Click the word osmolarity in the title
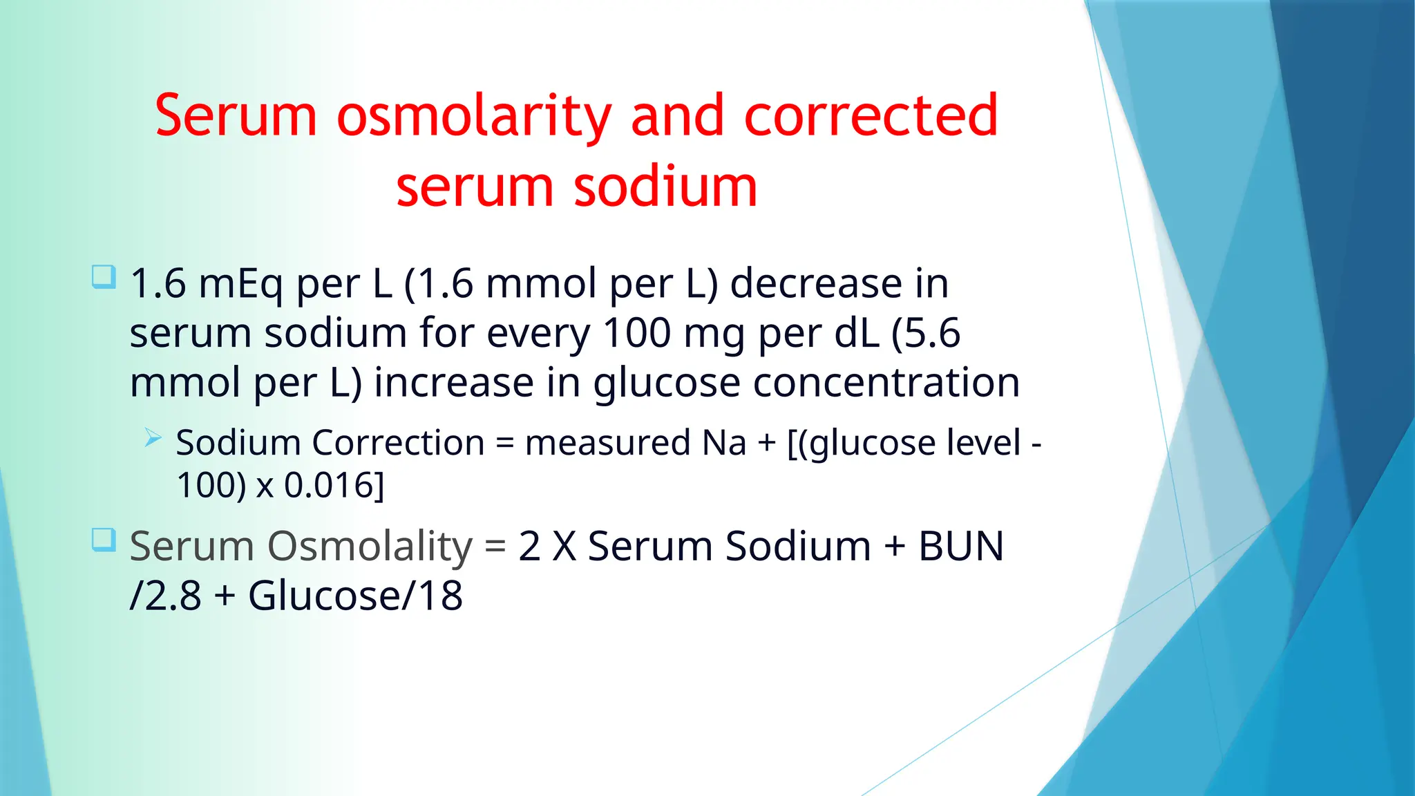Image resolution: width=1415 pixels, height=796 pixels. tap(474, 116)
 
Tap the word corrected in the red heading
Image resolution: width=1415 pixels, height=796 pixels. tap(871, 116)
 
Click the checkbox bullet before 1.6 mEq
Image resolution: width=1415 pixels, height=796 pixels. tap(104, 277)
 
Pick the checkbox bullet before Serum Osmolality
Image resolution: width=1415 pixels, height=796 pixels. tap(104, 540)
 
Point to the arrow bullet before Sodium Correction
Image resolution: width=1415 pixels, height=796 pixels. tap(153, 437)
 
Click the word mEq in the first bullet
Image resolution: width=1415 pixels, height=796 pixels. tap(240, 284)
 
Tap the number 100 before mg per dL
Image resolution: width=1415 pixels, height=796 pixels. tap(636, 334)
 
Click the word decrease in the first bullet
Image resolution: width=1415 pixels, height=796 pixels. tap(815, 284)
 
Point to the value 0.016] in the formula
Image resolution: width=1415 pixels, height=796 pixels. tap(334, 485)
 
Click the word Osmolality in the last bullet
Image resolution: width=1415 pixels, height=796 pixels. tap(370, 547)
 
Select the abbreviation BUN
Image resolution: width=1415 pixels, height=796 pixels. tap(960, 547)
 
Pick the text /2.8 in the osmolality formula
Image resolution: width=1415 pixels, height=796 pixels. tap(166, 596)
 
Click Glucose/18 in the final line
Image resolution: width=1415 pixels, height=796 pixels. tap(355, 596)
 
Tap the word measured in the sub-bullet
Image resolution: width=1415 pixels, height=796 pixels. tap(607, 443)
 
